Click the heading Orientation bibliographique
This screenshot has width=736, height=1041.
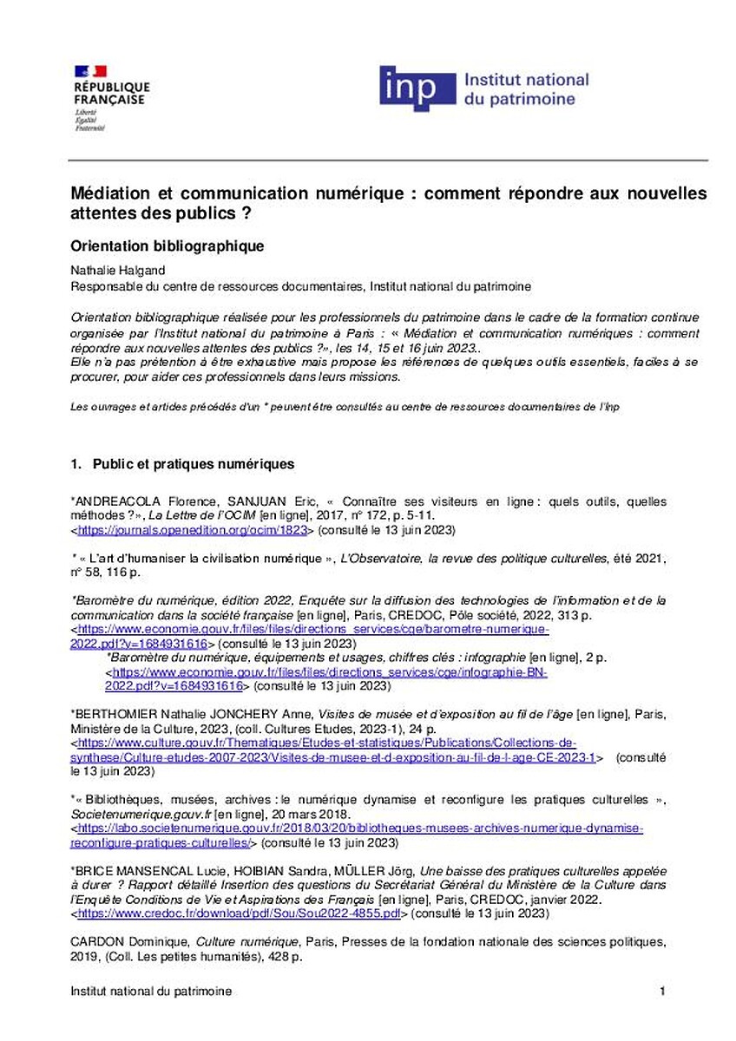pyautogui.click(x=167, y=246)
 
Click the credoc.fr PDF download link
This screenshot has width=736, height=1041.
pyautogui.click(x=240, y=913)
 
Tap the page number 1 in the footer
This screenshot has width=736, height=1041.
pyautogui.click(x=661, y=991)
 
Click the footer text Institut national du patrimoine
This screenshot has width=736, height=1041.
pyautogui.click(x=151, y=991)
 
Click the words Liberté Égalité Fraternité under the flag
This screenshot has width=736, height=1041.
pyautogui.click(x=89, y=120)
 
